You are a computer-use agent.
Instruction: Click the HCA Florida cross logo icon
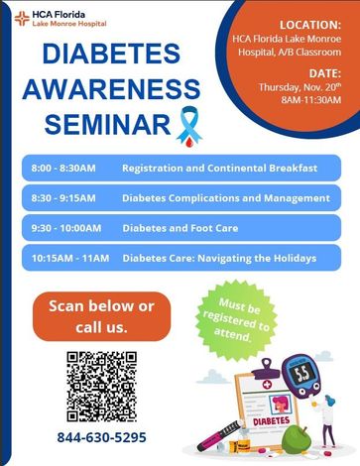point(22,19)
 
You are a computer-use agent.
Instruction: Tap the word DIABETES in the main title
point(111,54)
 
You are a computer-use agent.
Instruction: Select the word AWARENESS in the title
point(111,89)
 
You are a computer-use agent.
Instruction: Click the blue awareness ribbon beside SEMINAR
point(189,126)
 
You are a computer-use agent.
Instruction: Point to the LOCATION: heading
point(310,25)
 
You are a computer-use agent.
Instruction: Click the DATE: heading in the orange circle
point(324,73)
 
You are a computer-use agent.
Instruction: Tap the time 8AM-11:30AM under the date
point(311,100)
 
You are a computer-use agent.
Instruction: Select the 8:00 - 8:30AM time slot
point(63,168)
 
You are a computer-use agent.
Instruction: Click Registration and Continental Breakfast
point(219,168)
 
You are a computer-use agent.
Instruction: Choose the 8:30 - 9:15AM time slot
point(63,198)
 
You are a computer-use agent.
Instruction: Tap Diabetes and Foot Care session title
point(180,228)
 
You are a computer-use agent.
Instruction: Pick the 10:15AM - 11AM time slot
point(70,258)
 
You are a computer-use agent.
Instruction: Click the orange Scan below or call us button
point(101,316)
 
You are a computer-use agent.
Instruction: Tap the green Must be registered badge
point(236,320)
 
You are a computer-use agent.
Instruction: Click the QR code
point(102,387)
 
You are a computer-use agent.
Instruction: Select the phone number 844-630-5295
point(102,437)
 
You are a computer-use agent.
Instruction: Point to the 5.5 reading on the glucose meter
point(301,374)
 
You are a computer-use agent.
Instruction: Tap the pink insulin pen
point(219,435)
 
